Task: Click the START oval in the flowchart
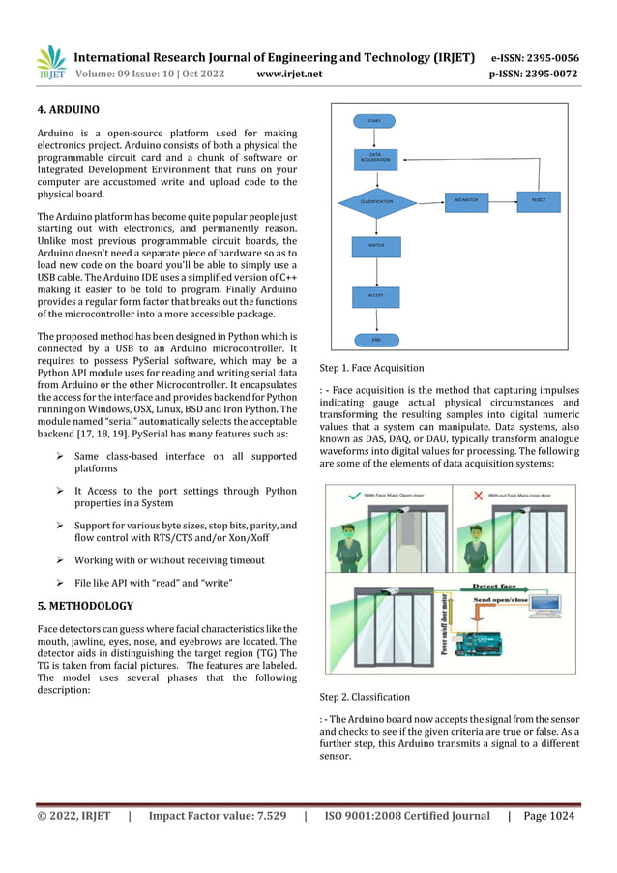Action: point(373,121)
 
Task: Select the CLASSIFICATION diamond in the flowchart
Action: point(376,201)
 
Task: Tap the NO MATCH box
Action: point(466,200)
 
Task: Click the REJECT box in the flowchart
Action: point(538,200)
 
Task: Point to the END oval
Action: point(375,340)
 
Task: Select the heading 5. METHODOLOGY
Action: point(85,606)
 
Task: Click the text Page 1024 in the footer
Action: point(548,816)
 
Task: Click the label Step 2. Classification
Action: point(364,697)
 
